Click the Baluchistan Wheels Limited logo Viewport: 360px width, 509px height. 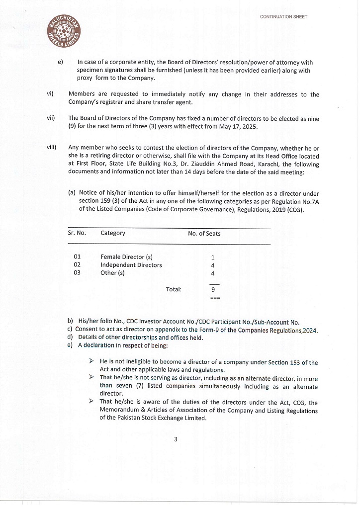[66, 34]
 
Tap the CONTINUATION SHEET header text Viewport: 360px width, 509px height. [283, 17]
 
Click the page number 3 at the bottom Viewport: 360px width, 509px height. [176, 439]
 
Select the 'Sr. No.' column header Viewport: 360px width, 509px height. [77, 233]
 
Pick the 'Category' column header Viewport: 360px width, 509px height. [113, 233]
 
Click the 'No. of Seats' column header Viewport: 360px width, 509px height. [204, 233]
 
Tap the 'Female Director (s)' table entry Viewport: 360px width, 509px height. [126, 257]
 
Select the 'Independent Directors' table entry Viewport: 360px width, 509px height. [131, 265]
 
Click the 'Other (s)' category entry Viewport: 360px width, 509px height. [112, 273]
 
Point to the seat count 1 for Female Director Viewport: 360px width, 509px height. [213, 257]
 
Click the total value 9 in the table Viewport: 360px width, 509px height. [213, 289]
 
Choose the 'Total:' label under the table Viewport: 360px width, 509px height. [174, 289]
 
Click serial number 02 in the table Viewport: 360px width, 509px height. [77, 265]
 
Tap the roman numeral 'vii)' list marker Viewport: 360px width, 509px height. [50, 118]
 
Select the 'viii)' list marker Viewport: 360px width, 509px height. [51, 148]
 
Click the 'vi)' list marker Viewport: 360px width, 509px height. [50, 94]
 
